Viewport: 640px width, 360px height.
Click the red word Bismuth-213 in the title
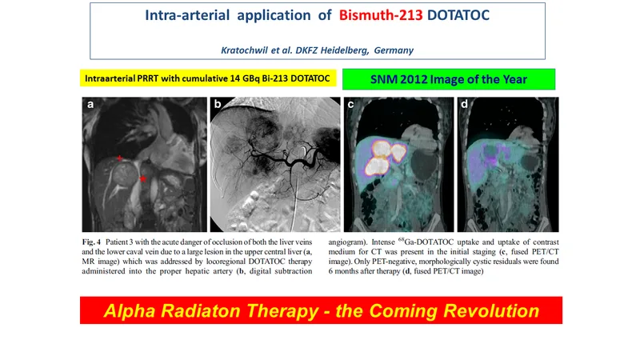[x=381, y=15]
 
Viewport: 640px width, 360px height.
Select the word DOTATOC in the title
[x=458, y=15]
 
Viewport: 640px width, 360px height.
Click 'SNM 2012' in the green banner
[x=398, y=79]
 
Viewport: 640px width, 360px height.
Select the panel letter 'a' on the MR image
[x=90, y=105]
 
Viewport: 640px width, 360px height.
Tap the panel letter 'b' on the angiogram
[x=218, y=104]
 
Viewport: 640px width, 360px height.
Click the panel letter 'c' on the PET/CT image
[x=350, y=105]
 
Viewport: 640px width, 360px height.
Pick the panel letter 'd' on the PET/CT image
[x=464, y=104]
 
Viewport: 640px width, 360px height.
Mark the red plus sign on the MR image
[x=119, y=158]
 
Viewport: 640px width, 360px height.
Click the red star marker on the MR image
[x=142, y=178]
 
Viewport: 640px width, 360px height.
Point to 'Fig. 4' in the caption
[x=91, y=242]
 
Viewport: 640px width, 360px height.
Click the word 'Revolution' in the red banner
[x=491, y=310]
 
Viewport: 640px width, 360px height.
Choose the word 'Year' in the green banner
[x=515, y=79]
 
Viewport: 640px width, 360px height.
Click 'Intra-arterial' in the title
[x=187, y=15]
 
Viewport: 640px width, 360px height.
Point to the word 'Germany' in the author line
[x=394, y=50]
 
